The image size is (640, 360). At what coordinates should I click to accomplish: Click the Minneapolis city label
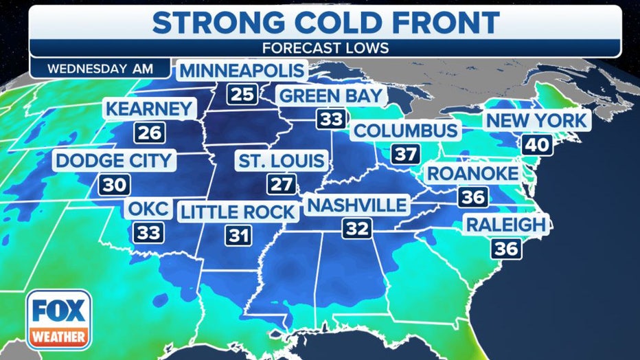pos(241,71)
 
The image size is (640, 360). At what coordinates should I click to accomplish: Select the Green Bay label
pos(330,95)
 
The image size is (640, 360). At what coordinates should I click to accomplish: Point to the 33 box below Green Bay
pos(330,118)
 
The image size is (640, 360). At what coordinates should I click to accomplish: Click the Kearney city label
pos(150,109)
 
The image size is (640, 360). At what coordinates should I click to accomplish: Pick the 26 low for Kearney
pos(149,132)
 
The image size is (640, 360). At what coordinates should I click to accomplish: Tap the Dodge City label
pos(114,161)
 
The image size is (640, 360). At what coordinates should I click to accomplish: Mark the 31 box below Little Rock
pos(237,236)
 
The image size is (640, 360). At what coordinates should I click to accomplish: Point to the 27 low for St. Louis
pos(282,185)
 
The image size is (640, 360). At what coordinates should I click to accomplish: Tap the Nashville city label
pos(357,205)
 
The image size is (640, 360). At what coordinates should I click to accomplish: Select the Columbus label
pos(406,131)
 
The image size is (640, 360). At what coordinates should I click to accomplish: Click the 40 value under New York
pos(536,144)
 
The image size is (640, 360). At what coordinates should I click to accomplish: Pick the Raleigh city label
pos(506,224)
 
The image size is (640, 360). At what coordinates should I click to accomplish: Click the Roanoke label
pos(473,173)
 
